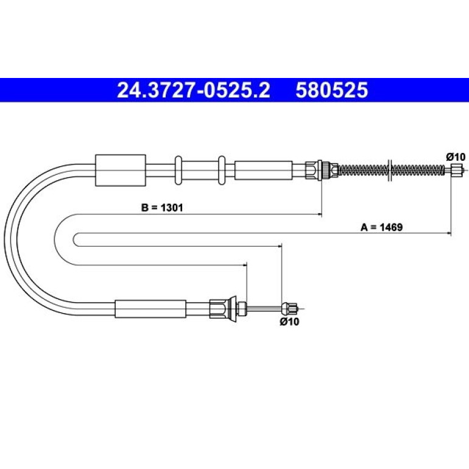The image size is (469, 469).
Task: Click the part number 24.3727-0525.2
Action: coord(194,90)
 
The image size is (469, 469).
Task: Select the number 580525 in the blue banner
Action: coord(332,90)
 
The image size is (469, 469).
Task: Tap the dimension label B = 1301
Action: coord(162,207)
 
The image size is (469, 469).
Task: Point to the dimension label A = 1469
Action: coord(381,227)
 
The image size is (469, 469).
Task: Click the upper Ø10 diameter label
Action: coord(456,157)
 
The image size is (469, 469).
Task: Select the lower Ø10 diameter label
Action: coord(289,322)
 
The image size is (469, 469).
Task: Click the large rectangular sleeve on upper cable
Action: coord(121,170)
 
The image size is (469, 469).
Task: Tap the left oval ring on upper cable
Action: coord(178,170)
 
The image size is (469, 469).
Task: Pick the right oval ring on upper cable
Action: coord(222,170)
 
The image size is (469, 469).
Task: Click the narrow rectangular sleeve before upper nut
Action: coord(263,170)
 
